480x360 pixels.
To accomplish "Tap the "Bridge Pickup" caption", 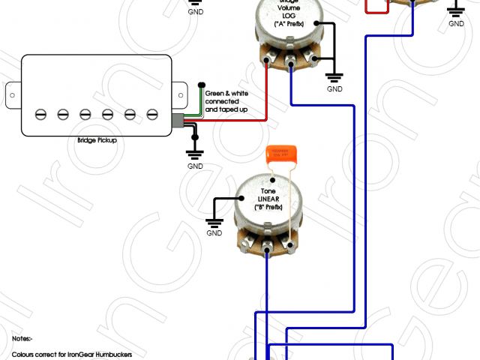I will point(97,140).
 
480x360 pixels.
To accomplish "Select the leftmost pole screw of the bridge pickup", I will point(40,114).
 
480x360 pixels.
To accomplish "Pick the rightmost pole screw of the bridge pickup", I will point(153,114).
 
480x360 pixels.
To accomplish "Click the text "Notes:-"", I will point(22,339).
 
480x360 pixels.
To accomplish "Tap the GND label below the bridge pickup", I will point(195,166).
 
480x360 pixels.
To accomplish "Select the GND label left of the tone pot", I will point(214,233).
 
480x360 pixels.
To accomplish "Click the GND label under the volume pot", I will point(334,89).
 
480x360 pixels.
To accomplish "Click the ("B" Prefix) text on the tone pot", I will point(268,206).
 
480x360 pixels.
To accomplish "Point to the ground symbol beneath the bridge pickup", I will point(195,154).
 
